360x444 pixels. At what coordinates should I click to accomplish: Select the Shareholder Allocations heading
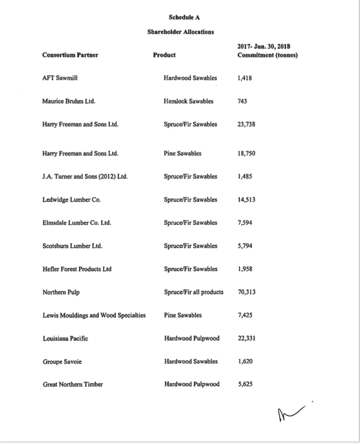(x=180, y=32)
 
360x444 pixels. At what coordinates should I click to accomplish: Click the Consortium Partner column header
(x=70, y=55)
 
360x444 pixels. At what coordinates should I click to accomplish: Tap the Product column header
(x=164, y=55)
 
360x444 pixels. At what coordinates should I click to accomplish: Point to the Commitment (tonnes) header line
(x=267, y=55)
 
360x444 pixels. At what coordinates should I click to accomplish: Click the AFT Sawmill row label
(x=60, y=78)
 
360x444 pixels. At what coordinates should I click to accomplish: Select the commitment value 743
(x=242, y=101)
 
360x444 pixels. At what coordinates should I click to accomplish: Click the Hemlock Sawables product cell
(x=188, y=101)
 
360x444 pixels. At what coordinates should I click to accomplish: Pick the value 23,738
(x=246, y=124)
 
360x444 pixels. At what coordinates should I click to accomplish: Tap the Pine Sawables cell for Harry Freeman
(x=182, y=154)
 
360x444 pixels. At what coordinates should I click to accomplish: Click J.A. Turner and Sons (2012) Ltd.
(x=85, y=176)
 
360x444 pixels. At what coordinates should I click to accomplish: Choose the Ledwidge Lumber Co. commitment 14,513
(x=246, y=200)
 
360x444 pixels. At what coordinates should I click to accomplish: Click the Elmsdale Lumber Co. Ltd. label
(x=76, y=222)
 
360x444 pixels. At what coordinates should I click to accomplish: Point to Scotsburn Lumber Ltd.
(x=72, y=246)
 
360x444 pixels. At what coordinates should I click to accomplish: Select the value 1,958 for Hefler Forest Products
(x=245, y=269)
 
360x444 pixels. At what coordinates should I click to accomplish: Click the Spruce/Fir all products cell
(x=193, y=292)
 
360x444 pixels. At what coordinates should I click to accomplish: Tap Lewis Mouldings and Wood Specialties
(x=94, y=315)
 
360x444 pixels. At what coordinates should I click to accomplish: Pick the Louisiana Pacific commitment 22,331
(x=246, y=338)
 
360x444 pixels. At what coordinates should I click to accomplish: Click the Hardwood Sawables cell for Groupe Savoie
(x=191, y=361)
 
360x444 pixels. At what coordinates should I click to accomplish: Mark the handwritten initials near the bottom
(x=290, y=409)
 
